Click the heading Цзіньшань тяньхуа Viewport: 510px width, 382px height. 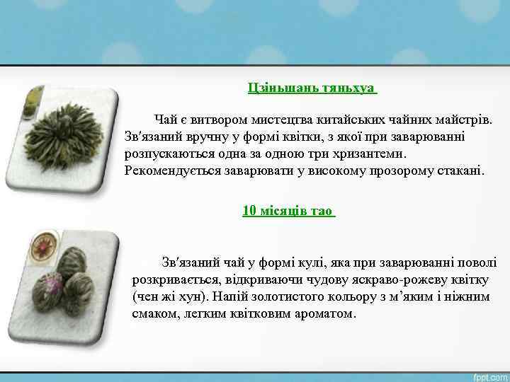[312, 88]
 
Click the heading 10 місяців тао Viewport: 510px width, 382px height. [288, 210]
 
